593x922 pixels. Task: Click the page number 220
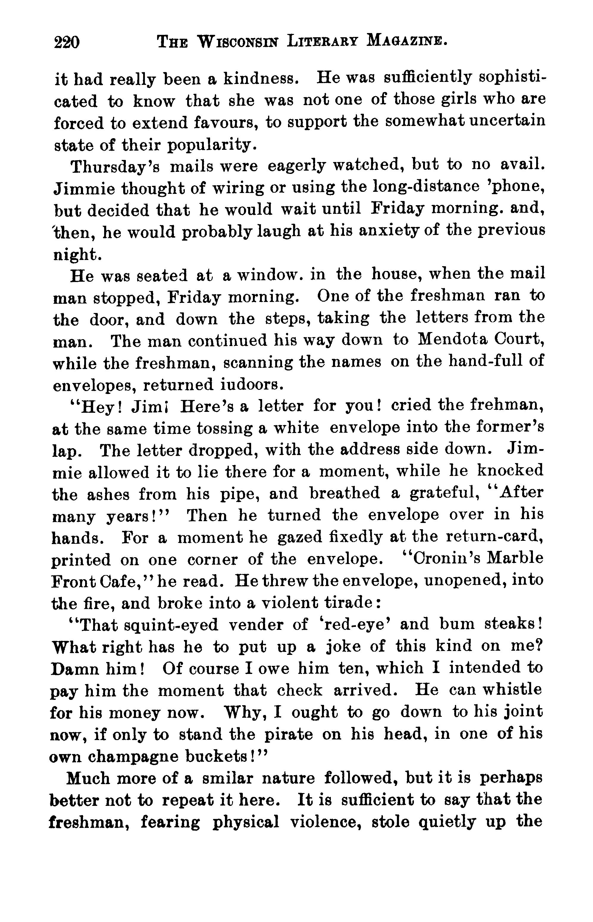pyautogui.click(x=67, y=42)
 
